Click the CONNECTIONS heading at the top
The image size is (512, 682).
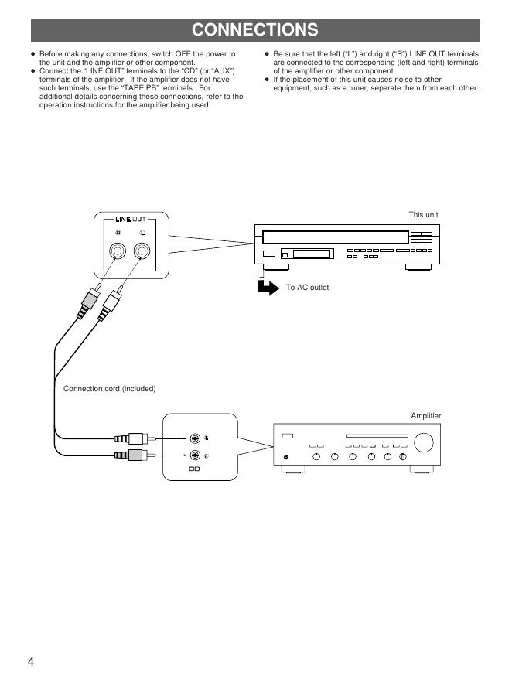click(255, 30)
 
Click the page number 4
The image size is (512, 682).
click(32, 662)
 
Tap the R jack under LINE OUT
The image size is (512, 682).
click(118, 251)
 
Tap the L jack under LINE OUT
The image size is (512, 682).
click(142, 251)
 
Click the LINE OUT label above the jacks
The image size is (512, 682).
click(130, 220)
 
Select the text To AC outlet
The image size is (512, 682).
click(307, 288)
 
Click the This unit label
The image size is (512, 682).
click(424, 214)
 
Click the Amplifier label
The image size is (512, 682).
click(425, 416)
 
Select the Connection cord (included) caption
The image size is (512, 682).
click(110, 388)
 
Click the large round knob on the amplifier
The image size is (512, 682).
click(423, 443)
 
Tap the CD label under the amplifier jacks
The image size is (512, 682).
click(195, 469)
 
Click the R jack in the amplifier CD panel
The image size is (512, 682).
click(196, 455)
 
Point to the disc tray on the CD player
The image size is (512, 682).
click(334, 236)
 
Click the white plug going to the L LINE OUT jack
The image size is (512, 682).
click(109, 302)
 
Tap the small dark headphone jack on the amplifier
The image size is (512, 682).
click(287, 457)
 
